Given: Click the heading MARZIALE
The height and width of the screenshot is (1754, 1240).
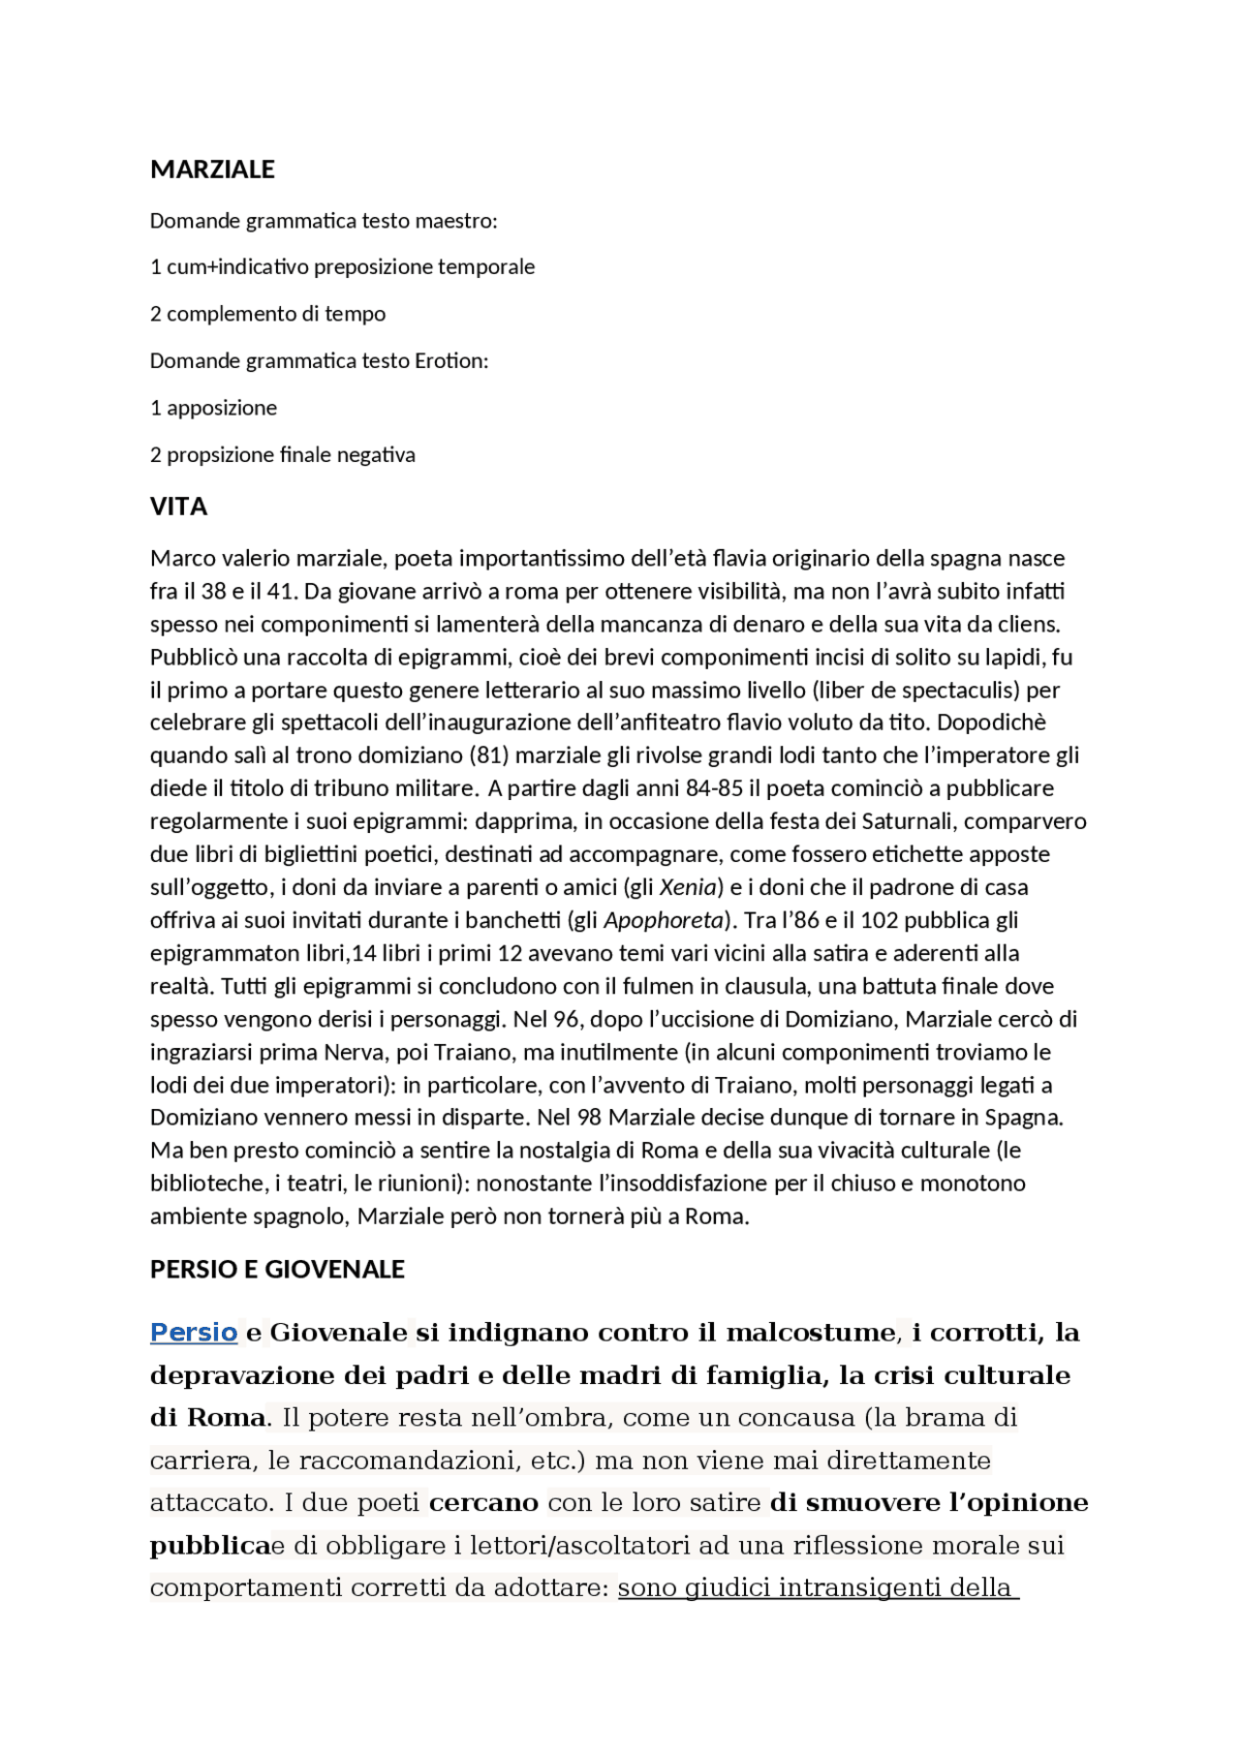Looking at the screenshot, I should [x=212, y=169].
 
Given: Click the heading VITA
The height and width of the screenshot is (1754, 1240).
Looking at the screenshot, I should [x=178, y=507].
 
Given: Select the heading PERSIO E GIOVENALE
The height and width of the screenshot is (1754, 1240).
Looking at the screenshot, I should [x=277, y=1269].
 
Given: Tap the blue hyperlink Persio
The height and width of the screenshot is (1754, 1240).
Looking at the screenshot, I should [x=194, y=1333].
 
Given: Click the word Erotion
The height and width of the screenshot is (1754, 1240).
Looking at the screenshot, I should [x=450, y=361].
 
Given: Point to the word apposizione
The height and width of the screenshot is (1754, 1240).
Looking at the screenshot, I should [x=222, y=408].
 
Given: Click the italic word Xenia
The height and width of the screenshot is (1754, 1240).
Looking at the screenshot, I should [x=688, y=887].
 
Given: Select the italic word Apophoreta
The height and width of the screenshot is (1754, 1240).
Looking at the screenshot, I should [x=664, y=920].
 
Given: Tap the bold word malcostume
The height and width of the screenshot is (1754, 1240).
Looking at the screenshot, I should [x=810, y=1333].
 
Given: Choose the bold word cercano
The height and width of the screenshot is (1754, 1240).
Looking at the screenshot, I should [x=483, y=1503].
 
